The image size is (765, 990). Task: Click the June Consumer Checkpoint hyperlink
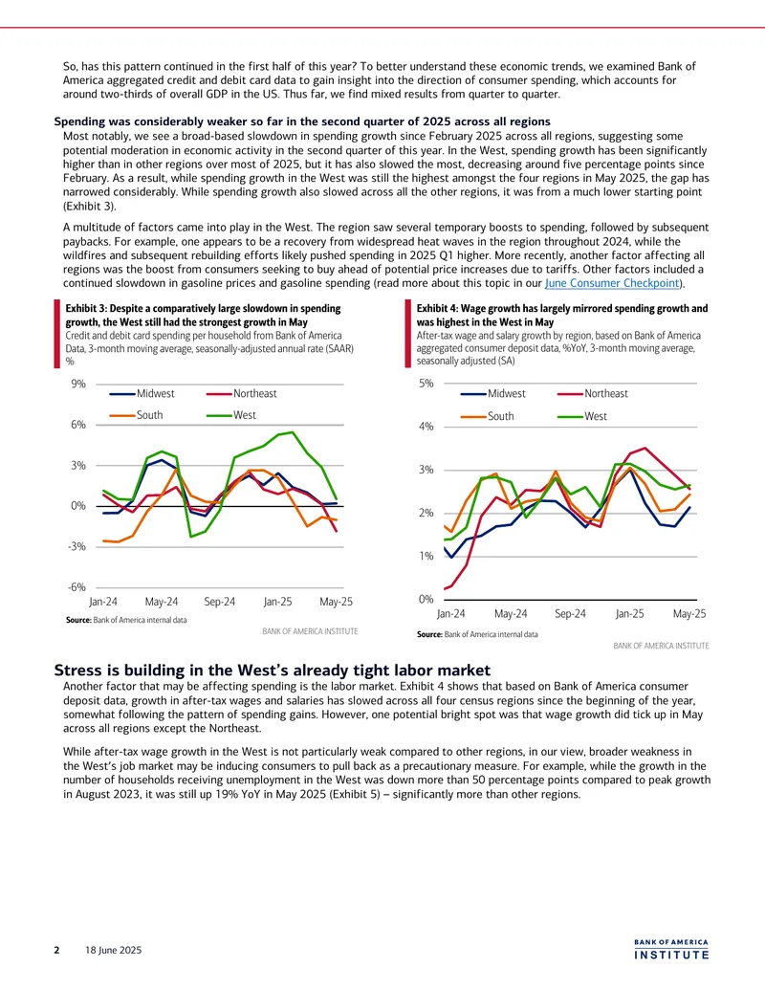pyautogui.click(x=612, y=283)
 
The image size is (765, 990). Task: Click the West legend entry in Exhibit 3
pyautogui.click(x=231, y=415)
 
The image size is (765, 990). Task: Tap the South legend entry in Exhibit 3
pyautogui.click(x=136, y=415)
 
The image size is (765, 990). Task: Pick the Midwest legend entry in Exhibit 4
pyautogui.click(x=492, y=394)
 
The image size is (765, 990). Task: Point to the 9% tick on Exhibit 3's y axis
pyautogui.click(x=77, y=384)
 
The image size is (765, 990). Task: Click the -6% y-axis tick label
pyautogui.click(x=76, y=587)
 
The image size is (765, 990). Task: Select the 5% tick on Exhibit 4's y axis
pyautogui.click(x=426, y=384)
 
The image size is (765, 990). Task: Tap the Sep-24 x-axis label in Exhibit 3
pyautogui.click(x=220, y=602)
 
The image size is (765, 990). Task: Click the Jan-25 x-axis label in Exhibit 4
pyautogui.click(x=630, y=614)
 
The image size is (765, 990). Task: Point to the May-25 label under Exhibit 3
pyautogui.click(x=336, y=602)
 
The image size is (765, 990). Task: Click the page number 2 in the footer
pyautogui.click(x=56, y=950)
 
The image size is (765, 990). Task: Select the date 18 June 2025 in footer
pyautogui.click(x=114, y=950)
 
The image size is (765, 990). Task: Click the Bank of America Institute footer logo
pyautogui.click(x=671, y=950)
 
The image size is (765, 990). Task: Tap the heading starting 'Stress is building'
pyautogui.click(x=272, y=670)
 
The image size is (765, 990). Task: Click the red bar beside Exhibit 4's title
pyautogui.click(x=407, y=334)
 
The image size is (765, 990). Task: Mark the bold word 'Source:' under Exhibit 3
pyautogui.click(x=78, y=620)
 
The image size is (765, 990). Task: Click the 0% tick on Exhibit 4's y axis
pyautogui.click(x=426, y=599)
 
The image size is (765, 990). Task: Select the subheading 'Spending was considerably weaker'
pyautogui.click(x=302, y=121)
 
